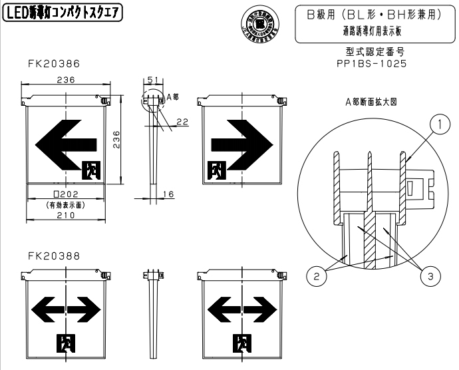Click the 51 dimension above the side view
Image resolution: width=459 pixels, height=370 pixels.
coord(152,80)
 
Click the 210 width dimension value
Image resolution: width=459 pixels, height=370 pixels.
coord(65,216)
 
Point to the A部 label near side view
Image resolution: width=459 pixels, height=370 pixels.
coord(172,97)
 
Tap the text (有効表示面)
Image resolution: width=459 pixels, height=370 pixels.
coord(65,205)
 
